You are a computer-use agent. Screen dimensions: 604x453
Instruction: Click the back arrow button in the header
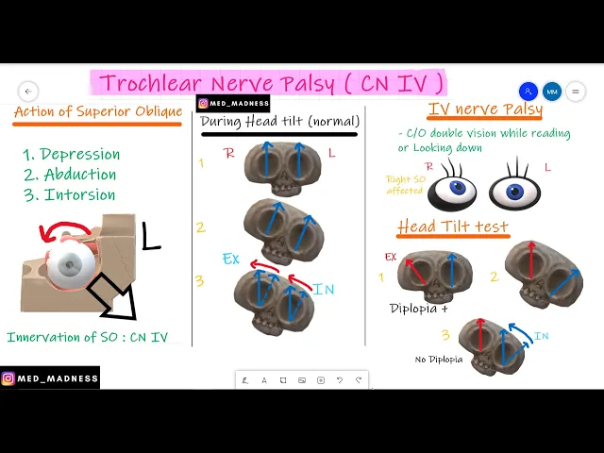click(x=28, y=92)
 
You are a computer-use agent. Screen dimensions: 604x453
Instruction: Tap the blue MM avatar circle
click(x=551, y=92)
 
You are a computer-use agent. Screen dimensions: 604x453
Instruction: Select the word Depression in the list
click(x=80, y=154)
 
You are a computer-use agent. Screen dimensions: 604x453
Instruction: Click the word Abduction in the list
click(x=80, y=175)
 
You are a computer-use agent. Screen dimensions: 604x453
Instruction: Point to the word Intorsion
click(x=79, y=195)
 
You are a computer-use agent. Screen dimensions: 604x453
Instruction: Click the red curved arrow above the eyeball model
click(x=63, y=230)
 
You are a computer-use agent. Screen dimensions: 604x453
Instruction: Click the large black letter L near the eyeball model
click(x=151, y=236)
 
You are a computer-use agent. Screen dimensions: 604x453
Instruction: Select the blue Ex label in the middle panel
click(x=230, y=259)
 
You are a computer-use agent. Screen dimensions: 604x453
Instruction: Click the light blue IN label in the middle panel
click(x=324, y=290)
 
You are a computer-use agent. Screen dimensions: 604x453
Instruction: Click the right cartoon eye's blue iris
click(x=514, y=192)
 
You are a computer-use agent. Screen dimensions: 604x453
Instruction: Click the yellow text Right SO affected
click(x=406, y=185)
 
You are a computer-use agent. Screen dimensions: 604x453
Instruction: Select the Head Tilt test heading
click(x=453, y=226)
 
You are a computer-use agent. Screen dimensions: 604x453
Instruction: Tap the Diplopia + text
click(x=419, y=309)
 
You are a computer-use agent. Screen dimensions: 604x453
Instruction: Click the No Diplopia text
click(x=439, y=360)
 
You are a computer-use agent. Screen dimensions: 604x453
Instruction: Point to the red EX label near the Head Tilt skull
click(x=391, y=257)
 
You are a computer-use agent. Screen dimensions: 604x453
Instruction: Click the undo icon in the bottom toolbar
click(x=340, y=380)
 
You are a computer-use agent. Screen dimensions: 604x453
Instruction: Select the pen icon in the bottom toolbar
click(x=245, y=380)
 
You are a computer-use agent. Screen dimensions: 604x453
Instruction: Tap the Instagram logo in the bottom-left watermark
click(x=8, y=378)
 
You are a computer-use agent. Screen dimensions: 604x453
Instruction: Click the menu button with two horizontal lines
click(x=576, y=92)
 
